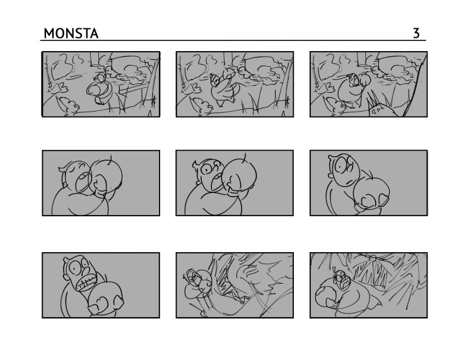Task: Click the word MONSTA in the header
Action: point(71,33)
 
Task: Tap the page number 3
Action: point(416,33)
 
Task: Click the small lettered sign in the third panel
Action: point(377,111)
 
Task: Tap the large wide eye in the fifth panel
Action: point(206,170)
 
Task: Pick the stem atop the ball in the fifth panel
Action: point(245,156)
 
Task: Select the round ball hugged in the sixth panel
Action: point(371,192)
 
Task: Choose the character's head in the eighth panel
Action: point(193,278)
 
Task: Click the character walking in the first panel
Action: point(100,88)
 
